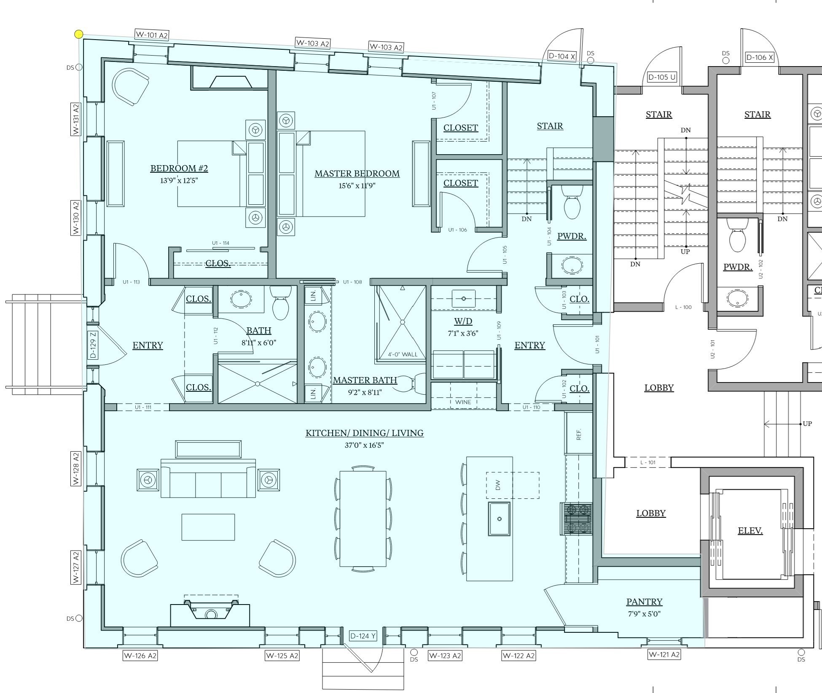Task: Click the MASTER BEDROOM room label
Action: pos(357,174)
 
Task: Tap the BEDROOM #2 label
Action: pos(179,169)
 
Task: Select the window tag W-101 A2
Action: pos(152,35)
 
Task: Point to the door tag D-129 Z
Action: pos(93,345)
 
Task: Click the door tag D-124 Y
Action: pos(363,636)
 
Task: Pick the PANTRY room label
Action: pos(644,602)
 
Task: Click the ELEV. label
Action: pos(750,531)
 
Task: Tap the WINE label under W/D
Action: pos(463,402)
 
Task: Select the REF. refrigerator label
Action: pos(578,434)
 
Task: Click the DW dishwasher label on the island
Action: pos(498,485)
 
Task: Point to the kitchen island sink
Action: pos(499,519)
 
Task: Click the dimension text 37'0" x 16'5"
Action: pos(364,445)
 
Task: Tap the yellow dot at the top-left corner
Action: pos(79,34)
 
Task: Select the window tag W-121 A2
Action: pos(664,654)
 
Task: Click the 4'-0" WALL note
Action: pos(403,354)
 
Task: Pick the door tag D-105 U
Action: pos(662,77)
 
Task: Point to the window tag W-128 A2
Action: pos(76,468)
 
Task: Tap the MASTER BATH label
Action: pos(365,380)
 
